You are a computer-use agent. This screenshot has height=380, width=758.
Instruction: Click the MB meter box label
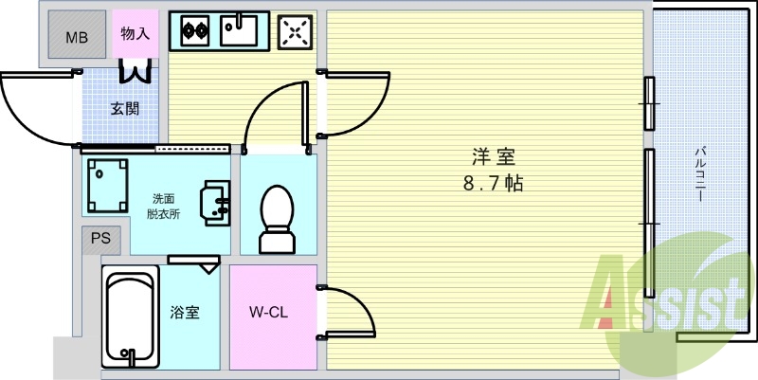77,37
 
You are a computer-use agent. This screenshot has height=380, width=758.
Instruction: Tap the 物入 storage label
135,34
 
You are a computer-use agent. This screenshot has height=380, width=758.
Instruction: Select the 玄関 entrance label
125,109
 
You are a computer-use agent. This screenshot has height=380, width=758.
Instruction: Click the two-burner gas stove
195,31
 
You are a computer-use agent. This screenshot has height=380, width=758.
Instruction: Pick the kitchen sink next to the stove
239,30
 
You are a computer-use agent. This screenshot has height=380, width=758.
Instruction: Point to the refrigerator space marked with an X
295,32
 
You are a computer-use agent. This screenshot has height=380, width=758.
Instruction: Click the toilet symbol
277,219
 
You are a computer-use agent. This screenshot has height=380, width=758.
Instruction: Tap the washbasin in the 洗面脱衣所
215,203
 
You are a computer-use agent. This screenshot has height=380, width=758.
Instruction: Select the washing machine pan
107,186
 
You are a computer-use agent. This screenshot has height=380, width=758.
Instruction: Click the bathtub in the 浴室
131,317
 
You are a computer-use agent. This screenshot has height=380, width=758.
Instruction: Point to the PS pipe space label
101,239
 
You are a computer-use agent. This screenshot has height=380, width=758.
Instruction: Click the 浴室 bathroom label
185,313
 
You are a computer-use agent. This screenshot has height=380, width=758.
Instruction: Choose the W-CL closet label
268,313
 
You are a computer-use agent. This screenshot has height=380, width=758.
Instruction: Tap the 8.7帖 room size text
493,184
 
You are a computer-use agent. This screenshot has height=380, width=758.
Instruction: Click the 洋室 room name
493,157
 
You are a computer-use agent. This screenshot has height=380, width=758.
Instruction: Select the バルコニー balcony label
699,174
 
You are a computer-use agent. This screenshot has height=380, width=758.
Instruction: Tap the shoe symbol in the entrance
135,70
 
